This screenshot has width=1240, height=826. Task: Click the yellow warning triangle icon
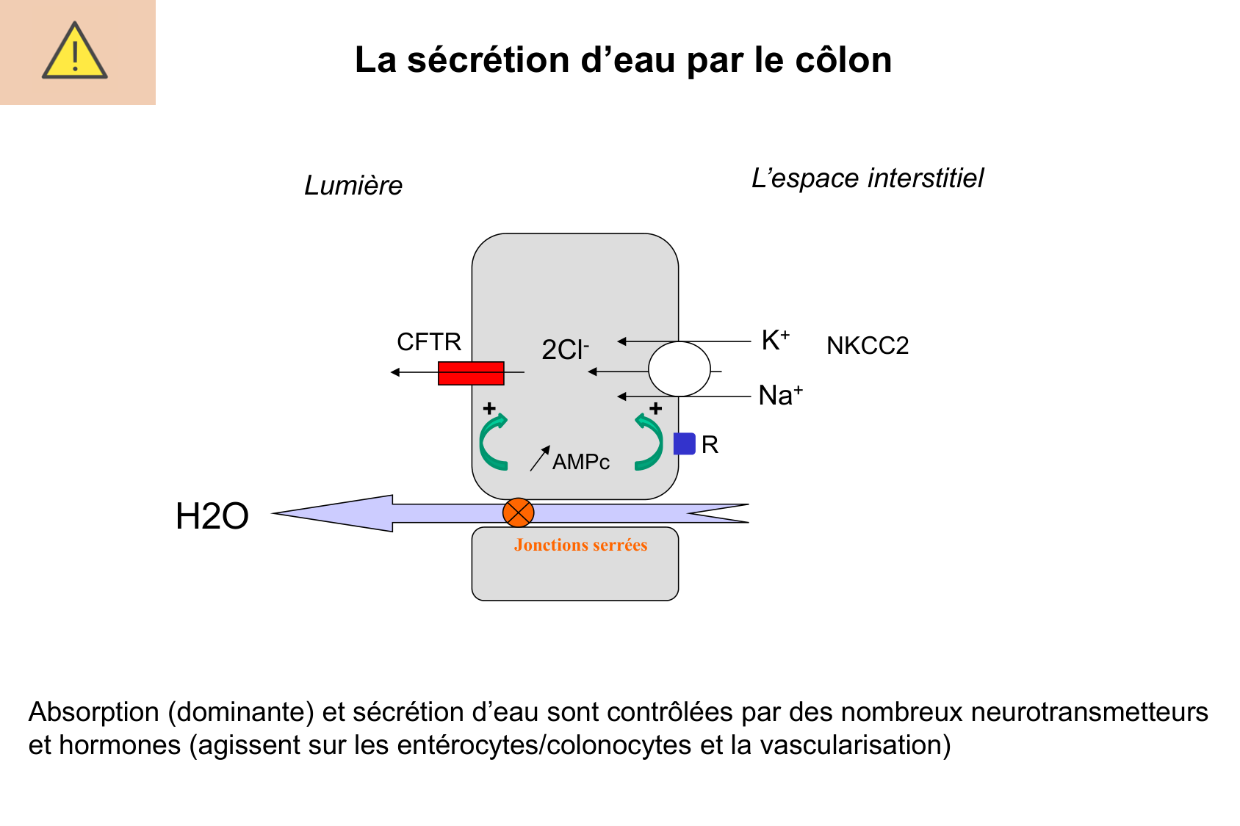75,51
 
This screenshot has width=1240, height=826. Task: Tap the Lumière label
353,186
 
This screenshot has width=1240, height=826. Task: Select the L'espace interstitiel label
867,178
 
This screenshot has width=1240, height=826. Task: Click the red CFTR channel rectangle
471,373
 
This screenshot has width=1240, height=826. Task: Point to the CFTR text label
429,342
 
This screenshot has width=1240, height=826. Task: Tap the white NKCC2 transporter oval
679,369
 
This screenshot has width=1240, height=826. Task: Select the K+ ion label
775,341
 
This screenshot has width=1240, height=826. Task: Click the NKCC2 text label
868,346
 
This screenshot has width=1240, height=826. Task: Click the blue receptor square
684,443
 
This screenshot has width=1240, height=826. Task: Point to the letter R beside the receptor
710,445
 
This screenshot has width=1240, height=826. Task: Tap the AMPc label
580,462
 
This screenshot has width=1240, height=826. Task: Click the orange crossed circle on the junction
518,512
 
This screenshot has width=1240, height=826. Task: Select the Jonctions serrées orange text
580,545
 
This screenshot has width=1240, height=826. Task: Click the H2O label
212,516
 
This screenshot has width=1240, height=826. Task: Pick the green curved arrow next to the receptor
649,442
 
